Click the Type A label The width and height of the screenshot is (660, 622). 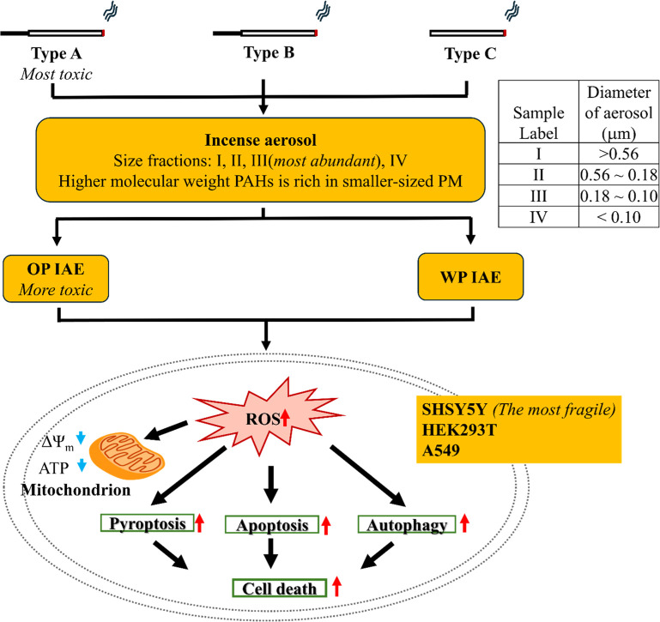(57, 53)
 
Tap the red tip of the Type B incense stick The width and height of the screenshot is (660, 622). (316, 33)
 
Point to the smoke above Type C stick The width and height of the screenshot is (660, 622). (512, 11)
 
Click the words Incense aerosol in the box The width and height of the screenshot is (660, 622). (261, 140)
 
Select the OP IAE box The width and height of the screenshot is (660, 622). (56, 279)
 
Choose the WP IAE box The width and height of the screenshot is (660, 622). (470, 276)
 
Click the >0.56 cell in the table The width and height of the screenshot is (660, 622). (619, 154)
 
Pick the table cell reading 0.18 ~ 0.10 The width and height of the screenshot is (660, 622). (619, 196)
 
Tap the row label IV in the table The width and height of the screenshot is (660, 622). (538, 217)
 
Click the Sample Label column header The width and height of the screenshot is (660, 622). (538, 123)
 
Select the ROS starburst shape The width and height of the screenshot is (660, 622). (269, 417)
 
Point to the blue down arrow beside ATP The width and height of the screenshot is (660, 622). (82, 465)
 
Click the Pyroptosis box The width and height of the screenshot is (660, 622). (148, 523)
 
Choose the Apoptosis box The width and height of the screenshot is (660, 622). (272, 525)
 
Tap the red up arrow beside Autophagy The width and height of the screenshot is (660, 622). (464, 523)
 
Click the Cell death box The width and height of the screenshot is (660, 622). (280, 589)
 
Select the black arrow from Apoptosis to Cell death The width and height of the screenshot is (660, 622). (270, 553)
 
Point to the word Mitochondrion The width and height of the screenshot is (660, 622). (76, 490)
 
